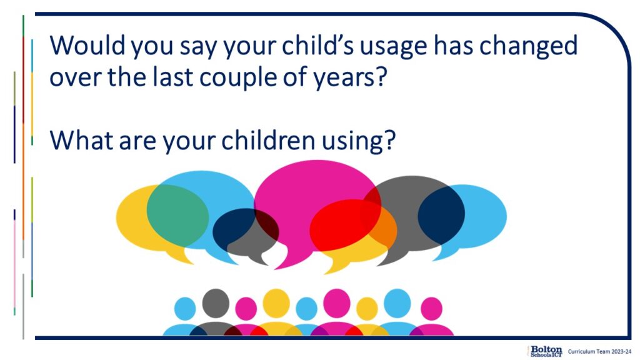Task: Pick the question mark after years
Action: (x=380, y=76)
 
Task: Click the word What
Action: (x=81, y=139)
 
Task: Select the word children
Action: (x=268, y=139)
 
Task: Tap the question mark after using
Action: (x=390, y=139)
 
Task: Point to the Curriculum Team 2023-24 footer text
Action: (x=599, y=351)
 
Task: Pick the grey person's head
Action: (x=216, y=303)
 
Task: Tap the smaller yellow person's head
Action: (x=367, y=309)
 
